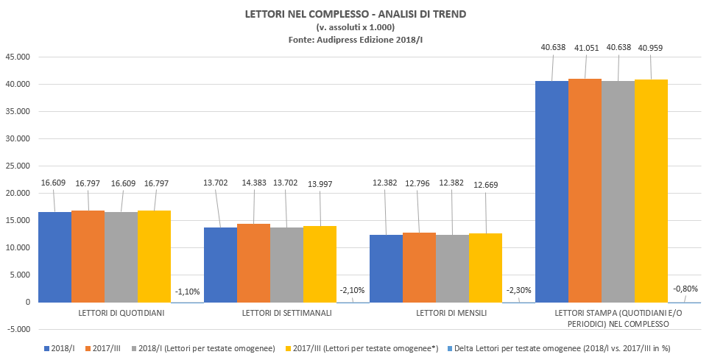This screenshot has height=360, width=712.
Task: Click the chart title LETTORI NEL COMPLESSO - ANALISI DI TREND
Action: coord(355,14)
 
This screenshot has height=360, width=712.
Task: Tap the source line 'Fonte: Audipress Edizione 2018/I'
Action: coord(355,40)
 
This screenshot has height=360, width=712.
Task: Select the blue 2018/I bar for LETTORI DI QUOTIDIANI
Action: coord(54,257)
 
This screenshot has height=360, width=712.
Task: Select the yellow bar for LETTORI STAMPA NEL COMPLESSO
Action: coord(651,191)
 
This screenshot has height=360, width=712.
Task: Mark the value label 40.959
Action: coord(651,47)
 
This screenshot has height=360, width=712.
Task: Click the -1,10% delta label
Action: coord(187,291)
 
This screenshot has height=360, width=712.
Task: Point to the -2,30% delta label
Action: coord(518,291)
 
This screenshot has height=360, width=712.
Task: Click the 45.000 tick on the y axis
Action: coord(18,57)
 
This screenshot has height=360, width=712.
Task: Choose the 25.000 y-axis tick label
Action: coord(18,166)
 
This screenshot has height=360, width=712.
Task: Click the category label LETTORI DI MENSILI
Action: coord(452,313)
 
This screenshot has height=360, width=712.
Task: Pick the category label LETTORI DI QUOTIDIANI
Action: coord(121,313)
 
